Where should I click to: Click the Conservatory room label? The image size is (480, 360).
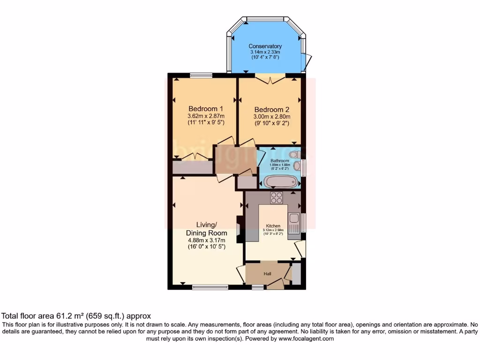click(265, 46)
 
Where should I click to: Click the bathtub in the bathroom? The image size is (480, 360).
click(281, 181)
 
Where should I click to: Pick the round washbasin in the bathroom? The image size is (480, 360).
click(297, 165)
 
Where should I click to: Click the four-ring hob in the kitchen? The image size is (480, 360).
click(277, 198)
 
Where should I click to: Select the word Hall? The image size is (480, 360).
click(268, 274)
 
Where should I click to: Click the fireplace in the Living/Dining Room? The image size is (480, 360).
click(239, 229)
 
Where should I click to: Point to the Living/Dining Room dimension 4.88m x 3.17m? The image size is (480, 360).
click(206, 240)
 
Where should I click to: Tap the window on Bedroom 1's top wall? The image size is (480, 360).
click(201, 75)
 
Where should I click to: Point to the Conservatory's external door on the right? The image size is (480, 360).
click(308, 61)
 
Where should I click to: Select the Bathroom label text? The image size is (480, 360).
click(280, 161)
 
